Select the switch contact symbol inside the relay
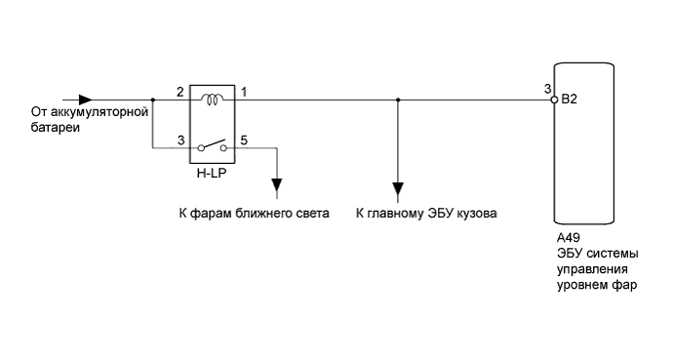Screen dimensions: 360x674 212,146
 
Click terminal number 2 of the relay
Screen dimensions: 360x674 180,92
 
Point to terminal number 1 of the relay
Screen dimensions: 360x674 244,92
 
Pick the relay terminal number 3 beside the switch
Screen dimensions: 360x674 180,140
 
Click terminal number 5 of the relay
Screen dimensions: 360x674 244,140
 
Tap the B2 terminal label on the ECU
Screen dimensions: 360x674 570,100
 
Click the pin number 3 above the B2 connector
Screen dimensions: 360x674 547,90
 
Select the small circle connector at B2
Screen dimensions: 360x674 554,99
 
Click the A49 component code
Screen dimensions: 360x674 567,238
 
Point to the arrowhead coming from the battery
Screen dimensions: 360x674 86,99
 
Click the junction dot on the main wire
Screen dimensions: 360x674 397,99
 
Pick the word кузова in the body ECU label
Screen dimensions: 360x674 477,212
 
